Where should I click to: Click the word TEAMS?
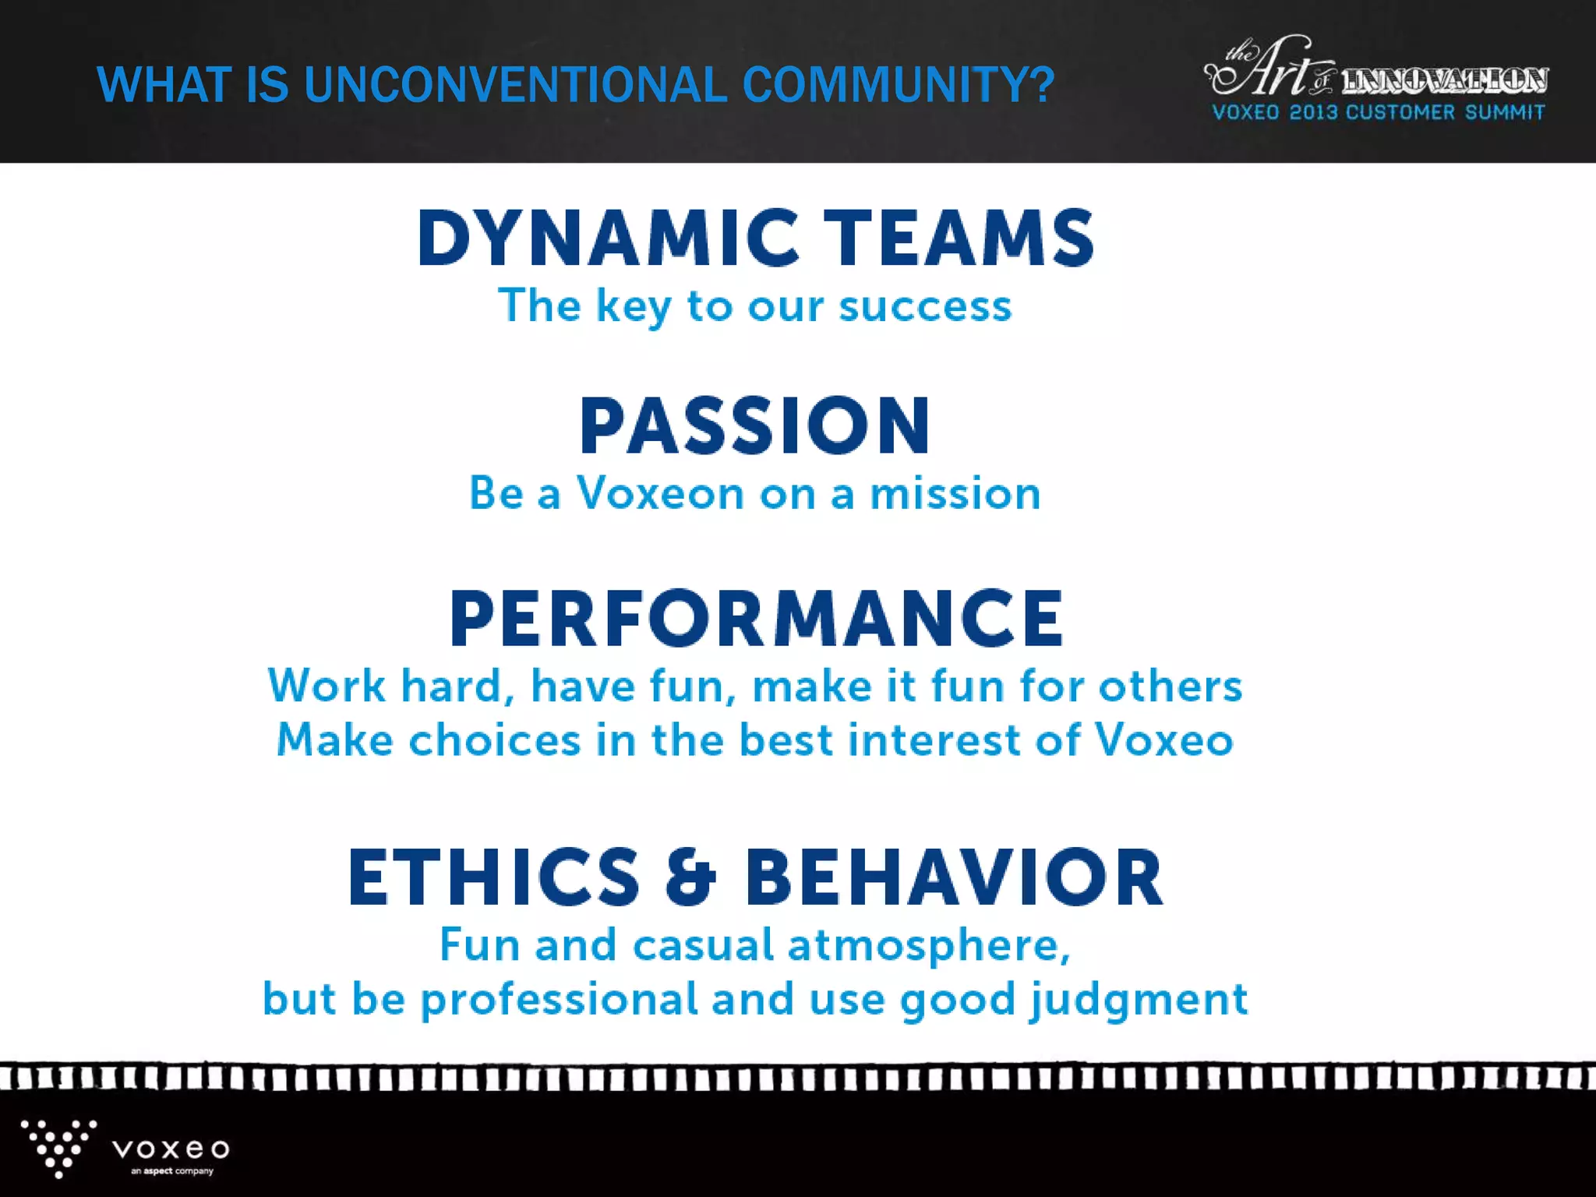(959, 238)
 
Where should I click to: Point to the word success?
(925, 305)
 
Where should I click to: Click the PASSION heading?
(755, 426)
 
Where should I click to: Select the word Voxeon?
(661, 493)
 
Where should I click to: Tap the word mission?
(955, 493)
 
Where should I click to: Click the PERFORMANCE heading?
(757, 619)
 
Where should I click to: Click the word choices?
(495, 740)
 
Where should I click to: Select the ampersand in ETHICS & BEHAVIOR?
(690, 877)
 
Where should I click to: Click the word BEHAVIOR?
(954, 877)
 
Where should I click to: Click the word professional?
(559, 1001)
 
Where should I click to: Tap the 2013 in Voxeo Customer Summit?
(1313, 112)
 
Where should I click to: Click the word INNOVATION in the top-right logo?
(1444, 80)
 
